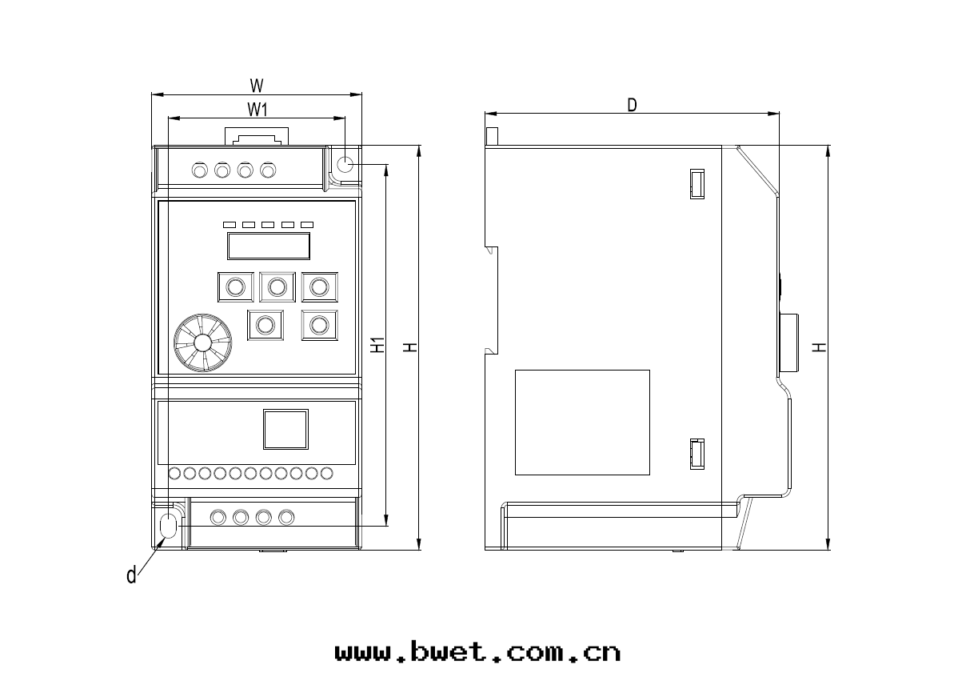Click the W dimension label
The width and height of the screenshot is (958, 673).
pos(257,86)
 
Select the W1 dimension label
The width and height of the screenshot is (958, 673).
pos(257,110)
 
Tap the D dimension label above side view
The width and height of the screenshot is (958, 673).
pos(633,105)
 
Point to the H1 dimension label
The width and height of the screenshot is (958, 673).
pos(379,345)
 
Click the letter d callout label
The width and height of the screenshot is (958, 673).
pos(131,575)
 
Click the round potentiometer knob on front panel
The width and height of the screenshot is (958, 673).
pos(203,343)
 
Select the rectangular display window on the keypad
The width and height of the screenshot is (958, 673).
pos(269,246)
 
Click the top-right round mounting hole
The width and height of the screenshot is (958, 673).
pos(345,164)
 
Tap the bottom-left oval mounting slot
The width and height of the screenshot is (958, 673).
pos(167,525)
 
